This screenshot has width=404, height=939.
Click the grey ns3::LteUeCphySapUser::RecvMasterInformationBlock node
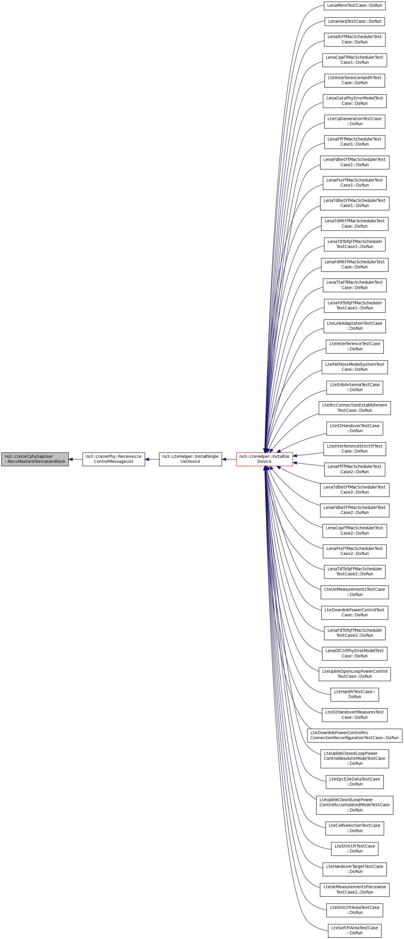click(x=35, y=459)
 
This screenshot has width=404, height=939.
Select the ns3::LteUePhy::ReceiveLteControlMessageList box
click(x=113, y=459)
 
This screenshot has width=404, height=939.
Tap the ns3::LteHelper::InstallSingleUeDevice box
click(x=190, y=459)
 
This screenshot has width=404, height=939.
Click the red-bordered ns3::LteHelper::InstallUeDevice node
click(x=264, y=459)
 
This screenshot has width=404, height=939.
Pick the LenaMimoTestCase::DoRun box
click(x=354, y=6)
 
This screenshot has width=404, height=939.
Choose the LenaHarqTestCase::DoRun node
click(x=354, y=22)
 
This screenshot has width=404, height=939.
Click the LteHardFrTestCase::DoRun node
click(x=354, y=694)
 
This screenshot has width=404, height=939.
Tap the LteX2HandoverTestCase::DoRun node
click(x=354, y=428)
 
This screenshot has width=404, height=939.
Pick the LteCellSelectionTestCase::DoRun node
click(x=354, y=828)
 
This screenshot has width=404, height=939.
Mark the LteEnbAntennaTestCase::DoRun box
click(x=354, y=387)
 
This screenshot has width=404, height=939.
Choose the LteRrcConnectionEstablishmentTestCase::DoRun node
click(x=354, y=408)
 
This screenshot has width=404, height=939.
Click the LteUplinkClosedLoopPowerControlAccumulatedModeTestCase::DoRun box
click(x=354, y=805)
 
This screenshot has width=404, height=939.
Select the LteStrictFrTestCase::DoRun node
click(x=354, y=849)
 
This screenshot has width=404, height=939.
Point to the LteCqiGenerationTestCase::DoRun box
click(x=354, y=121)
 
